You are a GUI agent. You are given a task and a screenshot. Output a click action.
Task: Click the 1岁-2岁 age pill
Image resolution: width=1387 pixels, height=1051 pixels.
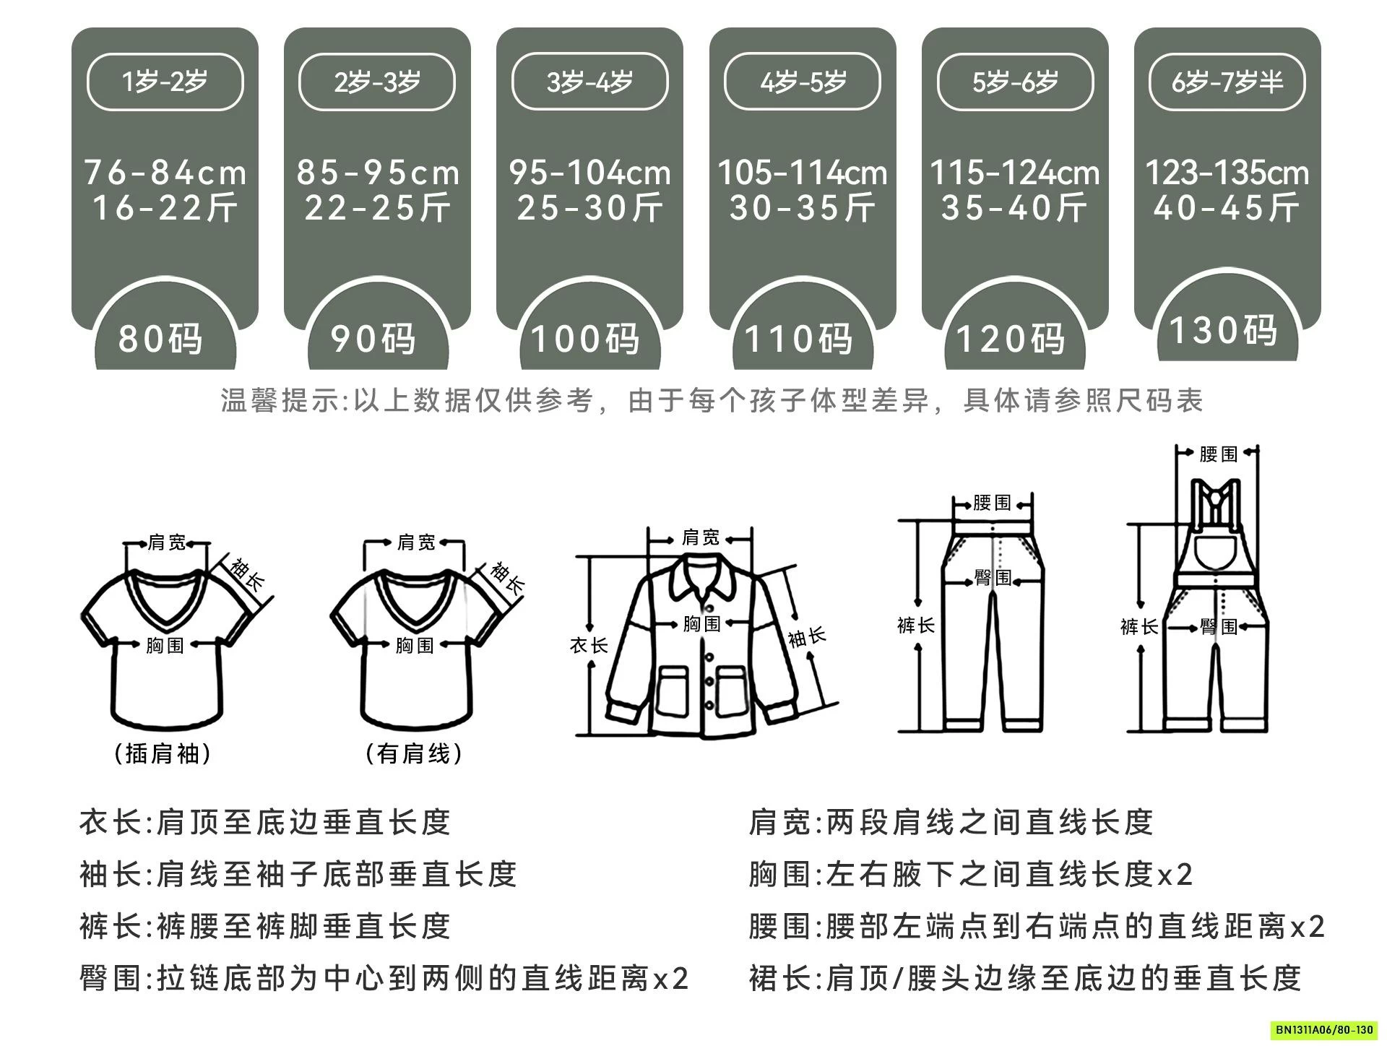[165, 82]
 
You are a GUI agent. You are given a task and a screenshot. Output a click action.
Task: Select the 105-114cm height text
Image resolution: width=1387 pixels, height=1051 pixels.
[802, 173]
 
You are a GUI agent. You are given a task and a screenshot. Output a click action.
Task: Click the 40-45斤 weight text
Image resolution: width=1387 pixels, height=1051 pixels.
[1227, 209]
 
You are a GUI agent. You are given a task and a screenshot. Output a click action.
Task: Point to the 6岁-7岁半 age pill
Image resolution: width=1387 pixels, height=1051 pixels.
[1227, 82]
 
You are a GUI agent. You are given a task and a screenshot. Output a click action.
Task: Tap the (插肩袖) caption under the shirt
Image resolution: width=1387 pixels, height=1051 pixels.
[163, 753]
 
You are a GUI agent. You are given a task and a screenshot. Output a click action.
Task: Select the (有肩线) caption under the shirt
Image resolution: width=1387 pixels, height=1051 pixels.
[414, 753]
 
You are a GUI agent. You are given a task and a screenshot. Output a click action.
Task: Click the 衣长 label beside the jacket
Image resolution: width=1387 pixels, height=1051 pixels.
[588, 645]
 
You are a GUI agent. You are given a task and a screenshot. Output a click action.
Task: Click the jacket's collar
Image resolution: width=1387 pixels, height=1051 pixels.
[701, 578]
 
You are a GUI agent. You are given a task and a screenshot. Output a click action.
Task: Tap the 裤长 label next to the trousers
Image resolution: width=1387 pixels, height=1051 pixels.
[915, 625]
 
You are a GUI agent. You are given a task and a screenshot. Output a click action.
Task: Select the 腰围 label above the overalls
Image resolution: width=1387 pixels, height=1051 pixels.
[1218, 454]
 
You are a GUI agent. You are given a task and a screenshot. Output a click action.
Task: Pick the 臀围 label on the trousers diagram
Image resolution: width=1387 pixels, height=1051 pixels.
[993, 577]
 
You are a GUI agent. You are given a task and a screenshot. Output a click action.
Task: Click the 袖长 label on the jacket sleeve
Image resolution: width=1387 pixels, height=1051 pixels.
[807, 636]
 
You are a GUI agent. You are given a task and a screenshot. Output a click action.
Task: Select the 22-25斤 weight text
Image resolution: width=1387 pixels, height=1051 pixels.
[377, 209]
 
